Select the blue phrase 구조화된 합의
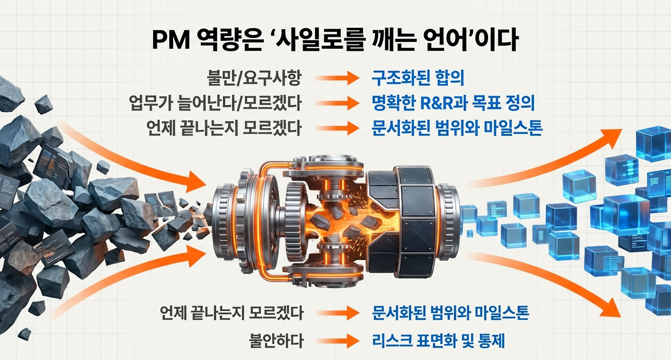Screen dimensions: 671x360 [418, 79]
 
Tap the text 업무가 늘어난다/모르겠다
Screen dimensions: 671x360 [215, 103]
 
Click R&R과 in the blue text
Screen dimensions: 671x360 [448, 103]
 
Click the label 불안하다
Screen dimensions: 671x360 [276, 342]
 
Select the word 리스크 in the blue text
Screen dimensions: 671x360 [389, 342]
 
